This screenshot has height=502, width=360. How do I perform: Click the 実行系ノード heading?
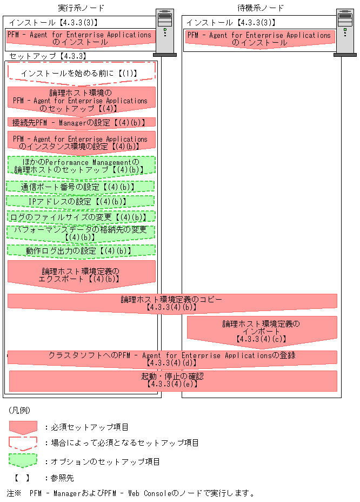(x=81, y=8)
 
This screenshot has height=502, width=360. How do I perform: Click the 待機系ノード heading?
(x=261, y=8)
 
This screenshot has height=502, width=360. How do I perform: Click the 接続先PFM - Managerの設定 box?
(x=81, y=123)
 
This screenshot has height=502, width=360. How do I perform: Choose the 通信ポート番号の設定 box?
(x=81, y=187)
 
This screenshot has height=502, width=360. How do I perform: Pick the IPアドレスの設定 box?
(x=81, y=201)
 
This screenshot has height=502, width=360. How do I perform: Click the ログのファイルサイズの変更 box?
(x=81, y=216)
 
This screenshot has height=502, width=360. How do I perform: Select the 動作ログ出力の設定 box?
(x=81, y=250)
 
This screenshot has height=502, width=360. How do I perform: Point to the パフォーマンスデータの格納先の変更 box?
(x=81, y=233)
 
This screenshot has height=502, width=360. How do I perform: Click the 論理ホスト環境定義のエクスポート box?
(x=81, y=275)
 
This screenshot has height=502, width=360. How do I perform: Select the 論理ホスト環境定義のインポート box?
(x=262, y=331)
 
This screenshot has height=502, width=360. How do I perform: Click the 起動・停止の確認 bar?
(x=172, y=380)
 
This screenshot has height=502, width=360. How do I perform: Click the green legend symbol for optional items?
(x=23, y=461)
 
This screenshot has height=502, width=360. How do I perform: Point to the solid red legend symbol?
(x=23, y=427)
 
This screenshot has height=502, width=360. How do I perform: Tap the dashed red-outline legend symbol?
(x=23, y=442)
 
